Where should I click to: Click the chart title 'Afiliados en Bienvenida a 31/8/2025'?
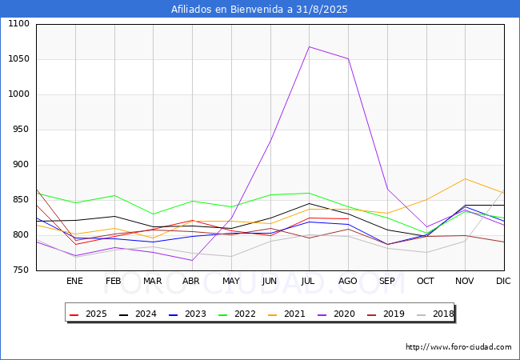pos(259,9)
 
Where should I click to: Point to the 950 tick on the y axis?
pos(20,130)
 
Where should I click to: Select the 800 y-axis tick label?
pos(20,235)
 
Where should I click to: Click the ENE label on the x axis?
pos(74,281)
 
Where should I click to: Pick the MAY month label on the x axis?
pos(230,281)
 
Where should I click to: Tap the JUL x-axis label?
pos(309,281)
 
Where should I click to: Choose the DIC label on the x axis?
pos(503,281)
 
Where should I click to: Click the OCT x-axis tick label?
pos(426,281)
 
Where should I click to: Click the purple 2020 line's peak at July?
pos(309,46)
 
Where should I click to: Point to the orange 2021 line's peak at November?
pos(465,179)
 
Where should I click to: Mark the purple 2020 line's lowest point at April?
pos(192,260)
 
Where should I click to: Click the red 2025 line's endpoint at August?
pos(348,218)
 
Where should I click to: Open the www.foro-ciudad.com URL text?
pos(458,347)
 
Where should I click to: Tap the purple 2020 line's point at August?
pos(348,58)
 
